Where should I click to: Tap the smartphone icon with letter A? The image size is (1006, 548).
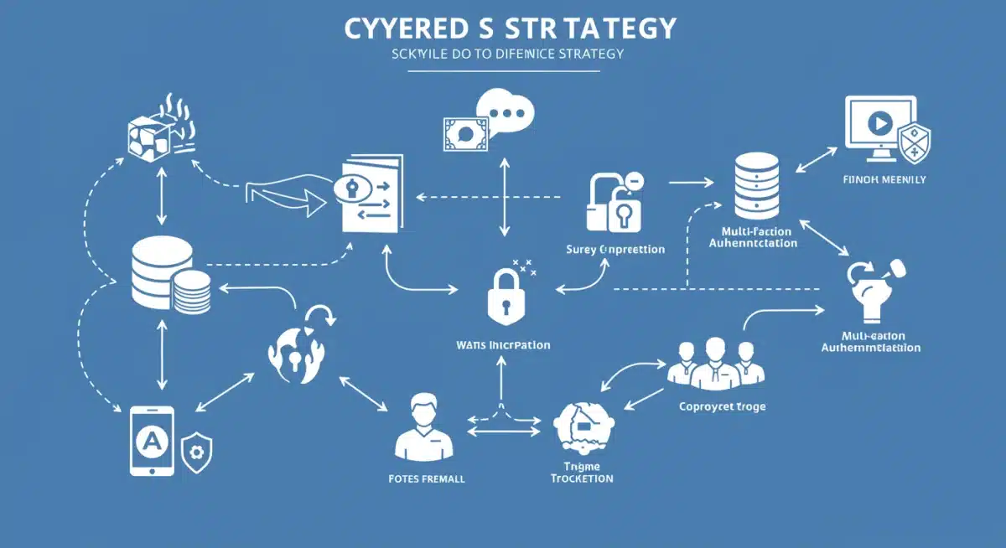152,441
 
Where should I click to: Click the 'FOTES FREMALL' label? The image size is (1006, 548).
428,479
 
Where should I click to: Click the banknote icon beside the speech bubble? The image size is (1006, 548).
465,132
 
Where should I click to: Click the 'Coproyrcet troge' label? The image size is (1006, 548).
722,407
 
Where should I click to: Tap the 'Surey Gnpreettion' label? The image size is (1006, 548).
616,250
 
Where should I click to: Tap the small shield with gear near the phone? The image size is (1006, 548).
197,452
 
